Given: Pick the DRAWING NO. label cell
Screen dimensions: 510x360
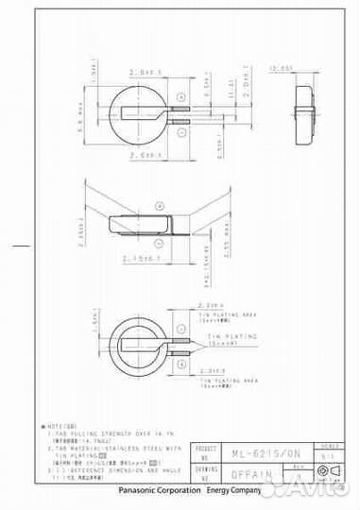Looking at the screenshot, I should click(206, 475).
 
